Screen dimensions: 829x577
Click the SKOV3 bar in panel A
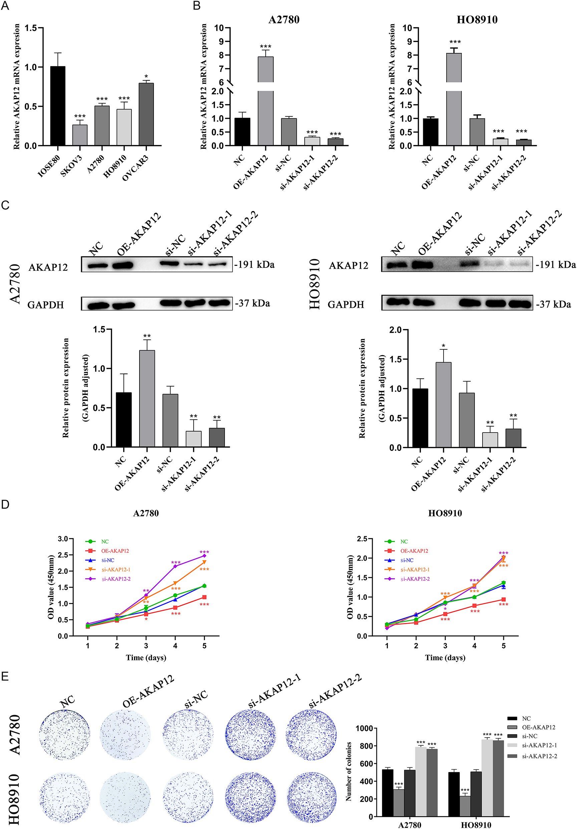point(79,135)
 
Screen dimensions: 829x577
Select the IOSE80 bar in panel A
point(57,106)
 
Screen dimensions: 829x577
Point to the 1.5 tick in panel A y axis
point(31,28)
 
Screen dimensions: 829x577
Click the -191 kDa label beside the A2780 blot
point(254,265)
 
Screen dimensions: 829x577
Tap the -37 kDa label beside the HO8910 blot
point(553,304)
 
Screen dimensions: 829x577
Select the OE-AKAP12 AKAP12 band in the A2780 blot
point(122,266)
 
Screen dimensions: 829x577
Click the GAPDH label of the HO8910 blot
point(345,304)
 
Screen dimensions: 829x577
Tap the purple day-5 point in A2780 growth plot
point(204,556)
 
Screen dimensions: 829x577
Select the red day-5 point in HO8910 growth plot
point(503,599)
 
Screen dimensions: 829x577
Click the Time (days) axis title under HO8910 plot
point(445,658)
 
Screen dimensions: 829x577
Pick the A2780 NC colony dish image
point(64,734)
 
